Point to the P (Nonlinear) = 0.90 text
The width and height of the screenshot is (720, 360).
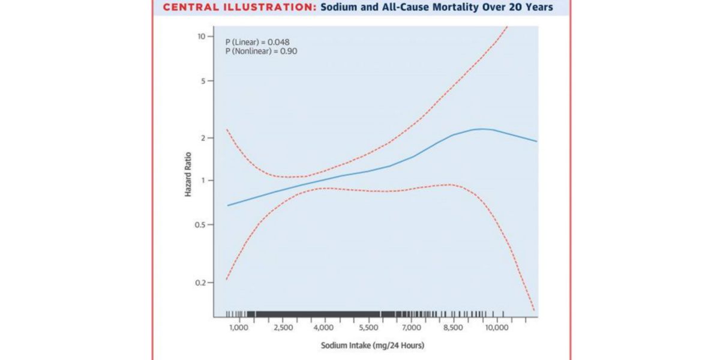tap(262, 52)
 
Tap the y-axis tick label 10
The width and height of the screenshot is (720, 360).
tap(202, 37)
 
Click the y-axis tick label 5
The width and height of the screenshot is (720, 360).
tap(203, 81)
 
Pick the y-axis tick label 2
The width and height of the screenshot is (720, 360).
tap(203, 138)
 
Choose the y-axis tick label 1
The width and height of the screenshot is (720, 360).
tap(204, 181)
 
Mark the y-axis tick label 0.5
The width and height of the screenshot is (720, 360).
tap(201, 225)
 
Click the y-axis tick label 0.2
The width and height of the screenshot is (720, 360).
tap(201, 283)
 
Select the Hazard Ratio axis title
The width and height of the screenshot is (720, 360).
tap(188, 177)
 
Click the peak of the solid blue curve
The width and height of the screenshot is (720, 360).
tap(481, 129)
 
